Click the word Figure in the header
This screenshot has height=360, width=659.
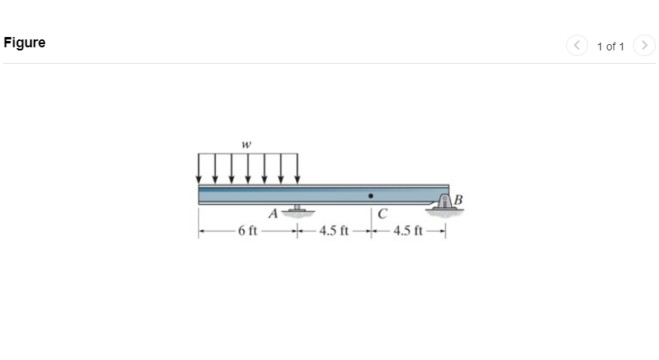(24, 43)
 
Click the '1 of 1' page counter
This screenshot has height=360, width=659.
(610, 46)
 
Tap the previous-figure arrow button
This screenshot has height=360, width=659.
(576, 46)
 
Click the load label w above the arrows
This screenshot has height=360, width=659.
(246, 144)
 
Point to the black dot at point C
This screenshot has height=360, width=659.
(371, 195)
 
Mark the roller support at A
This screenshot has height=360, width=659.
(297, 210)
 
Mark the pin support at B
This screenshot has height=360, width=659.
(446, 203)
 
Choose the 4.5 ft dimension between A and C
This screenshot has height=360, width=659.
(334, 231)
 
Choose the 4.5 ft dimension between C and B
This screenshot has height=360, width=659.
(408, 231)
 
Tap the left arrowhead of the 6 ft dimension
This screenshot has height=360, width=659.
(202, 231)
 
